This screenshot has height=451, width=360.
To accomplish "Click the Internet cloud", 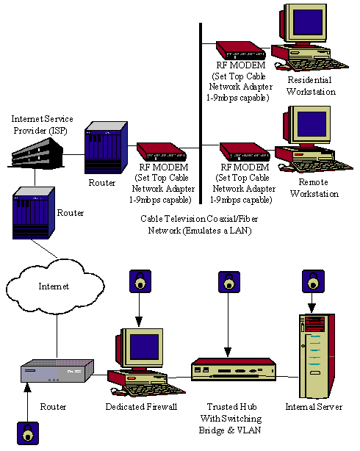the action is (54, 286).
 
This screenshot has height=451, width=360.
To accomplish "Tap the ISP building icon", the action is (37, 153).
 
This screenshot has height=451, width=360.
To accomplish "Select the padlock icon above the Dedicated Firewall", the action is (140, 281).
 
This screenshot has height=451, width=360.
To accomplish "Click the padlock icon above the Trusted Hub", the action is (229, 281).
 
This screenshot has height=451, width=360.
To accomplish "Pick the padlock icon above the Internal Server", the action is (314, 281).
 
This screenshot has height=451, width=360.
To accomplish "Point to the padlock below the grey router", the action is (28, 433).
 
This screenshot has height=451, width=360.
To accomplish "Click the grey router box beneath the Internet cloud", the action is (57, 371).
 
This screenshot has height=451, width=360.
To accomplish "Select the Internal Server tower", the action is (317, 356).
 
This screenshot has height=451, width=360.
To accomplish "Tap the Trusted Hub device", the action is (234, 369).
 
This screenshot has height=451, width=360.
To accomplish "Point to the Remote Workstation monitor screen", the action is (312, 124).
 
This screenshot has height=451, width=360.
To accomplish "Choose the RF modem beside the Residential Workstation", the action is (241, 51).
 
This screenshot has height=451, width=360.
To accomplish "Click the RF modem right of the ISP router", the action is (162, 151).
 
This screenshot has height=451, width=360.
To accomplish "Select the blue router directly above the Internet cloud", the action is (33, 213).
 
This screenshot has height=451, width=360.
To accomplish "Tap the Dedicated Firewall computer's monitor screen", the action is (144, 347).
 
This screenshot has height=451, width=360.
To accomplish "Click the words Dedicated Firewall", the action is (141, 407).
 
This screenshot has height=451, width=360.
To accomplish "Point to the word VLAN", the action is (248, 430).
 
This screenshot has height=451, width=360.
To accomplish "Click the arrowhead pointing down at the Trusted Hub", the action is (228, 352).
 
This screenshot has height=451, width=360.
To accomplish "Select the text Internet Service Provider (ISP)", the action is (42, 125).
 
